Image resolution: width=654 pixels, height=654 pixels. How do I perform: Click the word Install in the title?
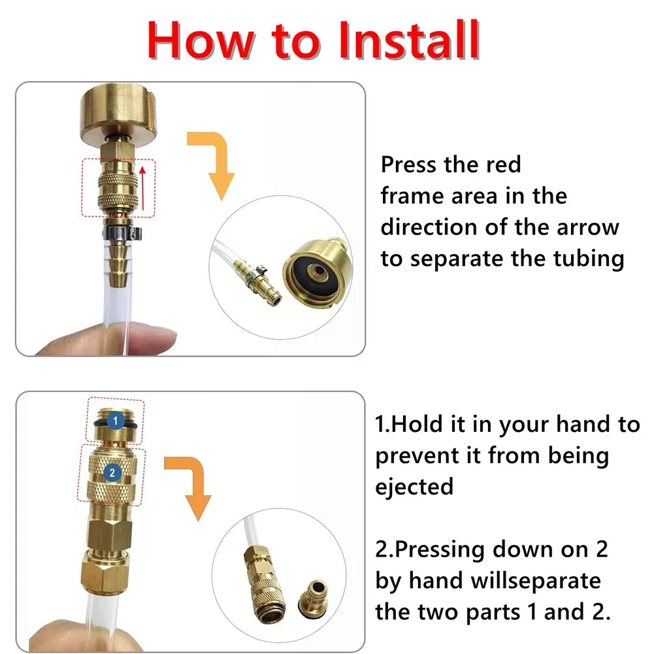(x=409, y=40)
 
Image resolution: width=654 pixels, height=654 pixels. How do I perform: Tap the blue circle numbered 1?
(x=115, y=421)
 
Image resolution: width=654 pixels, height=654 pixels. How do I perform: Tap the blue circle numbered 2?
(x=112, y=473)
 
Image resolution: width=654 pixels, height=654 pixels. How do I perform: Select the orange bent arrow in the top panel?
(x=214, y=163)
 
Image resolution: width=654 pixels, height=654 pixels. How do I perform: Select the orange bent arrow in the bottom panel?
(x=190, y=486)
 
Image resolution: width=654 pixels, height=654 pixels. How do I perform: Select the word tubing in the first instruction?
(x=589, y=259)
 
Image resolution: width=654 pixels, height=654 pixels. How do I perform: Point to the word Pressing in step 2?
(x=440, y=550)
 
